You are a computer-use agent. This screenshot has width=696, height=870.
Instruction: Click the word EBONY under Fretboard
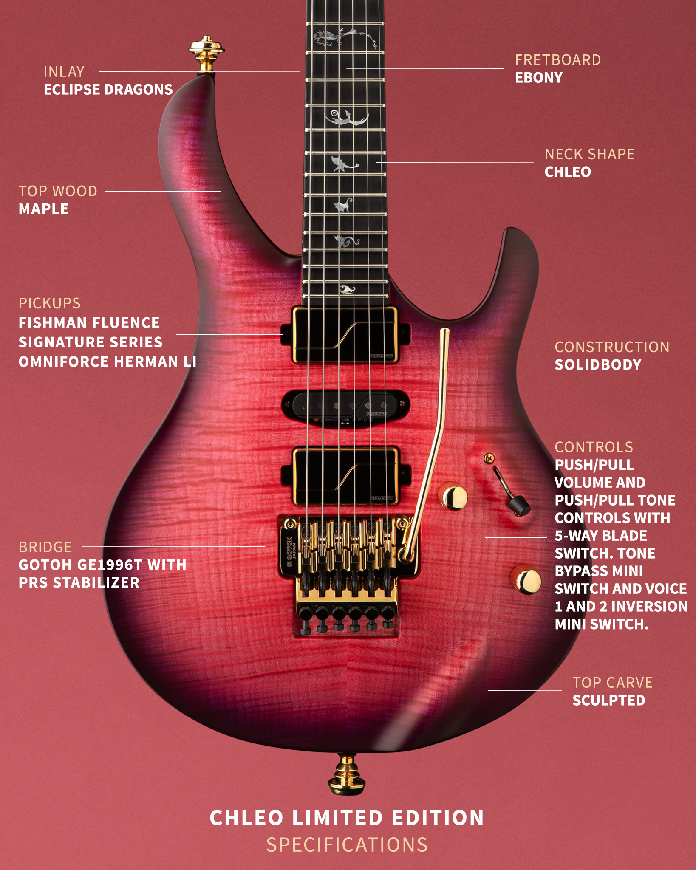pos(539,78)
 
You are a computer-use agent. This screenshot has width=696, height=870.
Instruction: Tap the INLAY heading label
pos(64,72)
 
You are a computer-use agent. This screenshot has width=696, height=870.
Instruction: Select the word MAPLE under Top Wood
pos(43,209)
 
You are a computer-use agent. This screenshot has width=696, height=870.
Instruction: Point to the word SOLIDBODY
pos(598,365)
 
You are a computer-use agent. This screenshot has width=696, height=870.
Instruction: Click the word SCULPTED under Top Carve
pos(608,701)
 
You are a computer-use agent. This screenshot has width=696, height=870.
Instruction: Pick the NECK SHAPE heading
pos(589,154)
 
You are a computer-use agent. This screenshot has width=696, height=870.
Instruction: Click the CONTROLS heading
pos(594,447)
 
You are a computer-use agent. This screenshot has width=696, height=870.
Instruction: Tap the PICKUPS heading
pos(49,303)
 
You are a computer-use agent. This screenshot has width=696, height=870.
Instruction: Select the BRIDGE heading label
pos(45,547)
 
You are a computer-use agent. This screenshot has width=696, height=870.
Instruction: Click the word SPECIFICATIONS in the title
pos(347,845)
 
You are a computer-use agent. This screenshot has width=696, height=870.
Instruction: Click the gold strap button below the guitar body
pos(346,774)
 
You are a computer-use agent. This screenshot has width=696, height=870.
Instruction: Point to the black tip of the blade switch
pos(519,506)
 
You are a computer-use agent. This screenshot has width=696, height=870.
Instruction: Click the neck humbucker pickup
pos(345,335)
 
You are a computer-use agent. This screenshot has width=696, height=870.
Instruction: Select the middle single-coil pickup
pos(345,406)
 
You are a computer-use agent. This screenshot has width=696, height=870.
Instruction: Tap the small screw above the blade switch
pos(489,458)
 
